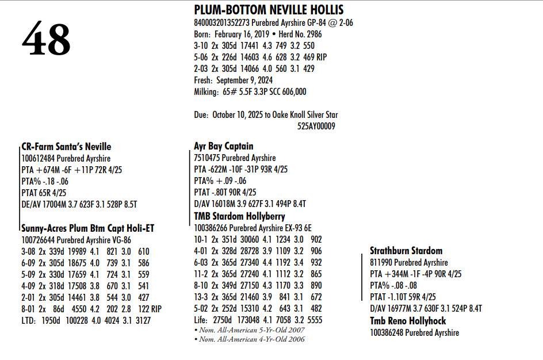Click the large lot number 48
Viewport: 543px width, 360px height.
[x=46, y=40]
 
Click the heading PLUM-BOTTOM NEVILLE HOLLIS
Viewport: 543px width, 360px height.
[x=269, y=10]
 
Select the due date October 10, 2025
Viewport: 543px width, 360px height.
[x=236, y=114]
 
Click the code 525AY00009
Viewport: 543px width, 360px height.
[x=316, y=126]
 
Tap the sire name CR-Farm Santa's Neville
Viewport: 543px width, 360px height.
[x=66, y=147]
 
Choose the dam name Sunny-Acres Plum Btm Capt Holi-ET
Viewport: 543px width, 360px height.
[x=87, y=228]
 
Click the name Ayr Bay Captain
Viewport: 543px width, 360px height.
[x=224, y=146]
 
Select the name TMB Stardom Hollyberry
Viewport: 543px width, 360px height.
[x=239, y=216]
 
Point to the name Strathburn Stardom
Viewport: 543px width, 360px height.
[x=406, y=251]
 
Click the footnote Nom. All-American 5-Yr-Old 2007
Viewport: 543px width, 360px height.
[x=251, y=330]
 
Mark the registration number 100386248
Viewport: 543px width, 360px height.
[x=388, y=332]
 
